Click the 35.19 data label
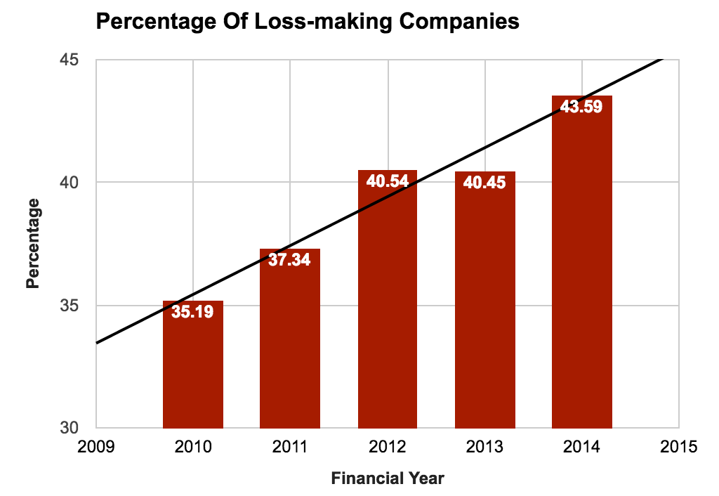(193, 312)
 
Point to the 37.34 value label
(290, 260)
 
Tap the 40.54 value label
(388, 181)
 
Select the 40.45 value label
(484, 183)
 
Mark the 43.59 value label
(582, 107)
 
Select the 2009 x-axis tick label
(96, 446)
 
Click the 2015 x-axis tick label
(679, 446)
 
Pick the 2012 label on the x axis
(388, 446)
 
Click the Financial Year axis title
(388, 479)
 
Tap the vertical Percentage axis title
(33, 244)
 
